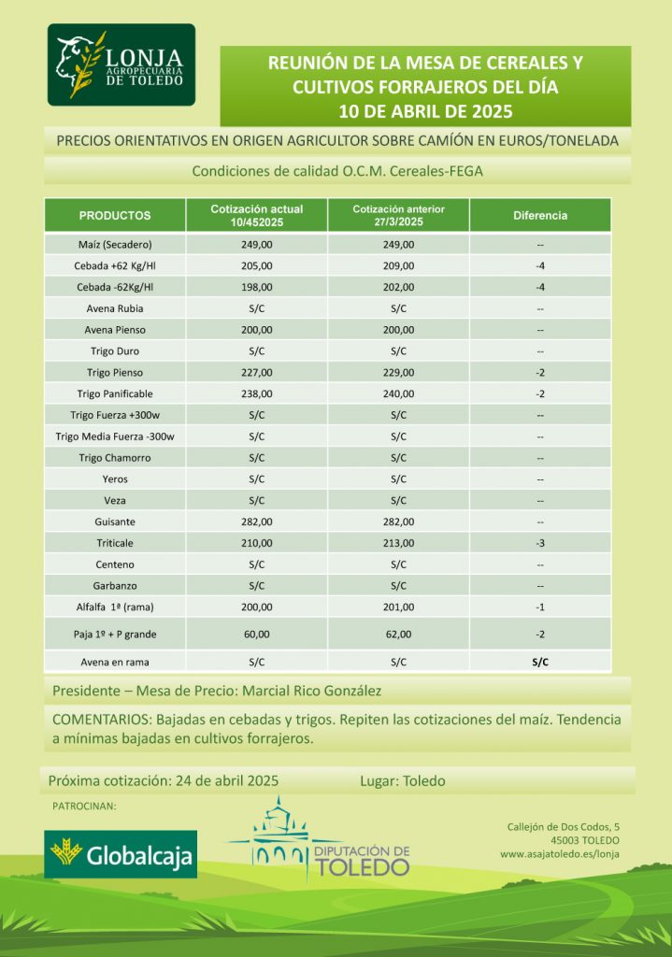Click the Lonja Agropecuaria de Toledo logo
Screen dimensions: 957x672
(x=122, y=64)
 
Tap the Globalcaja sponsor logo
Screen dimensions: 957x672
(x=122, y=853)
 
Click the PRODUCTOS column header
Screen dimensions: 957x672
(x=115, y=216)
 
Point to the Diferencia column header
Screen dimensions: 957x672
(x=540, y=216)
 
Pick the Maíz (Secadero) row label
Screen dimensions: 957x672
(x=116, y=245)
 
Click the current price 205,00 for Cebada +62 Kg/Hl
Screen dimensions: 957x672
(x=257, y=265)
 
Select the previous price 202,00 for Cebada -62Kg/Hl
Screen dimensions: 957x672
(x=398, y=287)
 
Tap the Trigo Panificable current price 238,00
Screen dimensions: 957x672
(x=257, y=393)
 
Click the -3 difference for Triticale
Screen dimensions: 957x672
(x=540, y=543)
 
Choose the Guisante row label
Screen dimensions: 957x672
(x=116, y=521)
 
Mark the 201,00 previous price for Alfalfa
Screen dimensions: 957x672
(x=398, y=607)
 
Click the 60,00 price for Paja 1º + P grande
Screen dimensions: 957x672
(x=257, y=634)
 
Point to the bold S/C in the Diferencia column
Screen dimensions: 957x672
(x=540, y=662)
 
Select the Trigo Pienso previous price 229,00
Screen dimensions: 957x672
(x=398, y=372)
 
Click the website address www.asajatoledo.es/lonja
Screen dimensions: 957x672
(x=559, y=853)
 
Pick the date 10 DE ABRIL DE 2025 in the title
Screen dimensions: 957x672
(x=425, y=111)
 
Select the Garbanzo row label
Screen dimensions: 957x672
(x=116, y=585)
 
